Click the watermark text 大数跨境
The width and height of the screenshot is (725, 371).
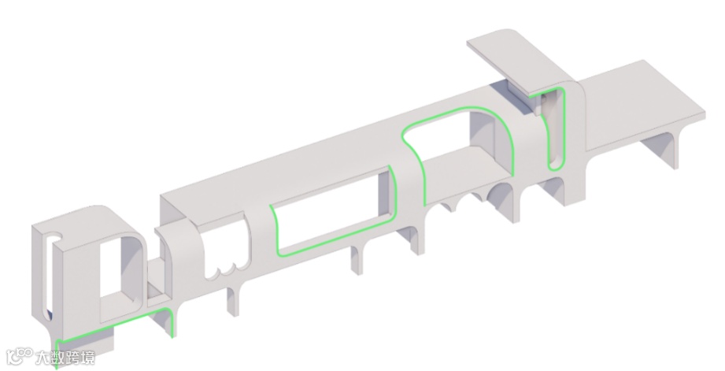pos(65,358)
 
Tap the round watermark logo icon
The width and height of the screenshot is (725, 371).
pos(18,357)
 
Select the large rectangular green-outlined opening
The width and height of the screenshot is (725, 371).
pos(334,210)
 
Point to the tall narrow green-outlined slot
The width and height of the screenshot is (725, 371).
pos(557,128)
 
